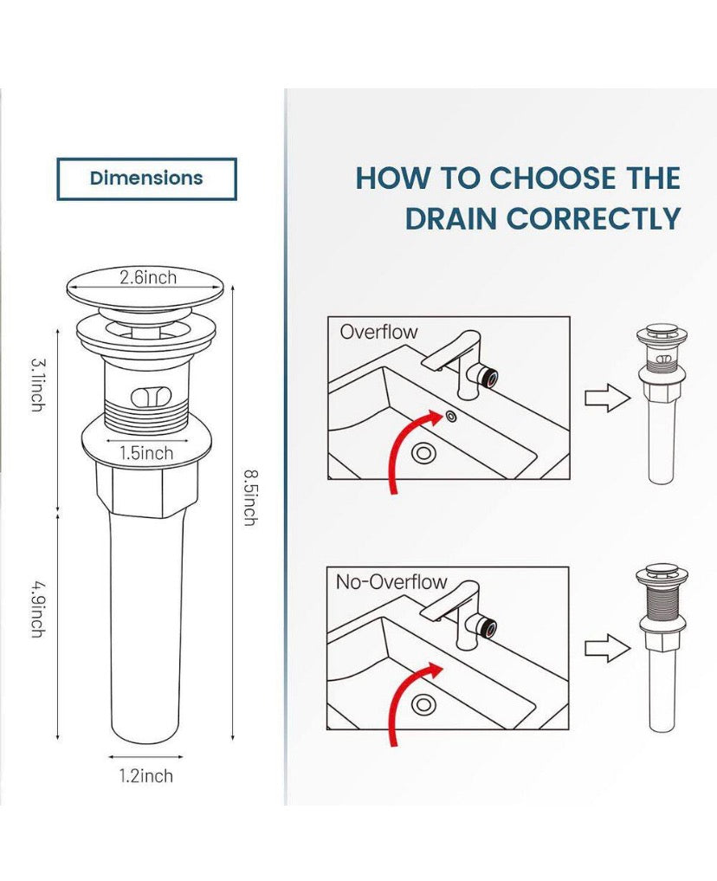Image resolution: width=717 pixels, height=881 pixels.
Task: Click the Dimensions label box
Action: (x=146, y=178)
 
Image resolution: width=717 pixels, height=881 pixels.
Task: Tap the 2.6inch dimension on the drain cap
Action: (x=148, y=277)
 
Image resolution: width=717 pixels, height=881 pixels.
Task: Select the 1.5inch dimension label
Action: (x=146, y=453)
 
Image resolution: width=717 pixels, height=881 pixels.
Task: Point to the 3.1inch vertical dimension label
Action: (x=37, y=385)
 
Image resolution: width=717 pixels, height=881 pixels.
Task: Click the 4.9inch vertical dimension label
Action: (x=37, y=610)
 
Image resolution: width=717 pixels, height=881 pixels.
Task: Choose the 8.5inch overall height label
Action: (x=250, y=498)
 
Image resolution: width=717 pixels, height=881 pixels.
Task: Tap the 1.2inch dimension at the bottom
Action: (x=146, y=776)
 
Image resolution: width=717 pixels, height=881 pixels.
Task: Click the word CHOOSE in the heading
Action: (x=552, y=178)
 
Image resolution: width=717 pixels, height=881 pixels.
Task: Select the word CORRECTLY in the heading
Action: (x=594, y=218)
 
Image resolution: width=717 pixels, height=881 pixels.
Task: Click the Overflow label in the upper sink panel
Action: (x=379, y=332)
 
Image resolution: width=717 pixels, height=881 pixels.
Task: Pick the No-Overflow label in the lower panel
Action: (x=391, y=581)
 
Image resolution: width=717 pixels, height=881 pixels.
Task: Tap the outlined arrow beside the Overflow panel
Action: (x=608, y=398)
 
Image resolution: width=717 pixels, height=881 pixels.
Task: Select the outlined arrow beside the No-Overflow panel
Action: (x=608, y=649)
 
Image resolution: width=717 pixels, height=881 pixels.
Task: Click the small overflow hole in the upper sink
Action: (x=451, y=417)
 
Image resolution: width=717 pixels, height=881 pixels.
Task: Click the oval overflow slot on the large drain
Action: (x=151, y=397)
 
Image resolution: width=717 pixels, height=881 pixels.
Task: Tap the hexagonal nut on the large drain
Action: (x=146, y=489)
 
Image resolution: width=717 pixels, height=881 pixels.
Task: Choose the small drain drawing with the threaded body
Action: (x=662, y=647)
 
